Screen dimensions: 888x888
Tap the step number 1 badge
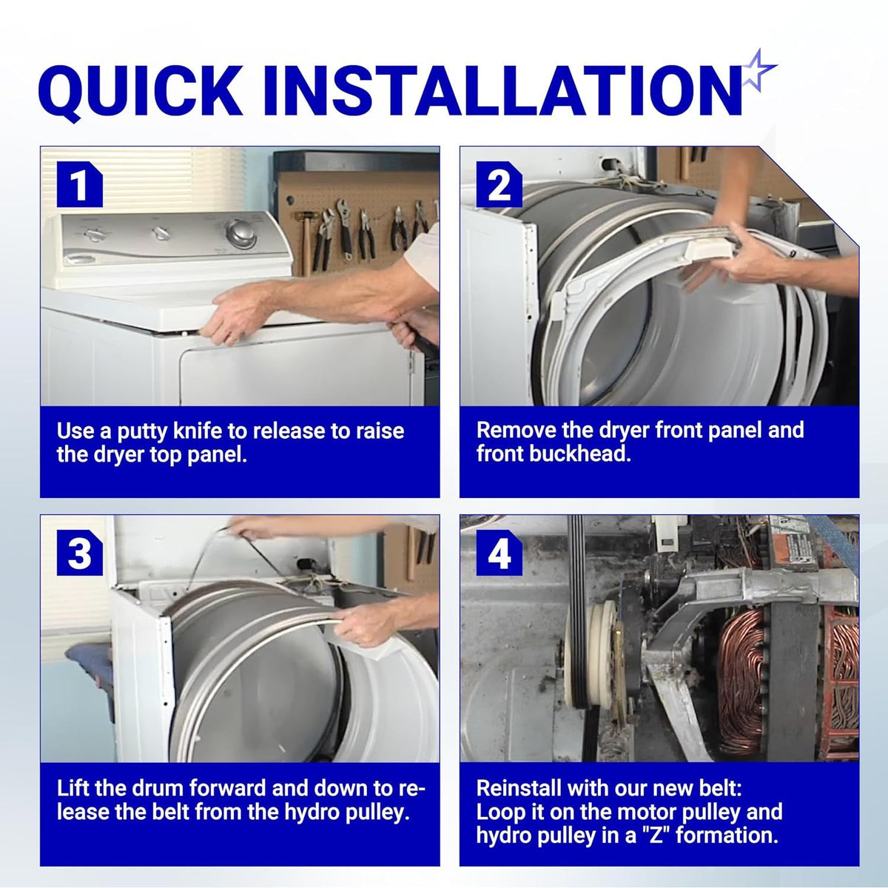click(79, 184)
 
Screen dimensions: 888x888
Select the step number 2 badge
click(499, 184)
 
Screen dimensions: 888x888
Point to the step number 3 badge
click(79, 552)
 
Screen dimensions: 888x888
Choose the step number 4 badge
click(499, 552)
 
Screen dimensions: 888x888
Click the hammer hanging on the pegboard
click(305, 240)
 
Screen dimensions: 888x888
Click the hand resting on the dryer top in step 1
click(240, 312)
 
